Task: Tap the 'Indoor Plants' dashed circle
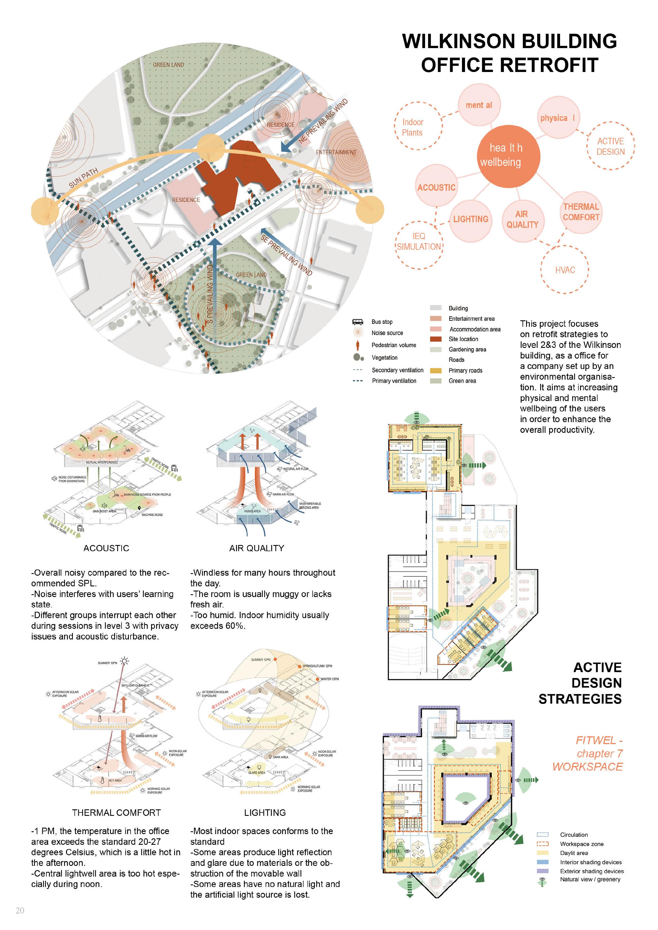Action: tap(418, 126)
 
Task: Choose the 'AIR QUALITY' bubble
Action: tap(523, 220)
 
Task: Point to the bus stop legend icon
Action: tap(357, 322)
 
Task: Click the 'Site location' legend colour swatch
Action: tap(435, 339)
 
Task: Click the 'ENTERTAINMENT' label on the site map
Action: tap(336, 152)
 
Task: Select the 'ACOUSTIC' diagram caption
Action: tap(106, 548)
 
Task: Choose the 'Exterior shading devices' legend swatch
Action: tap(542, 871)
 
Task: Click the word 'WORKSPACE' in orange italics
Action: tap(587, 767)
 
